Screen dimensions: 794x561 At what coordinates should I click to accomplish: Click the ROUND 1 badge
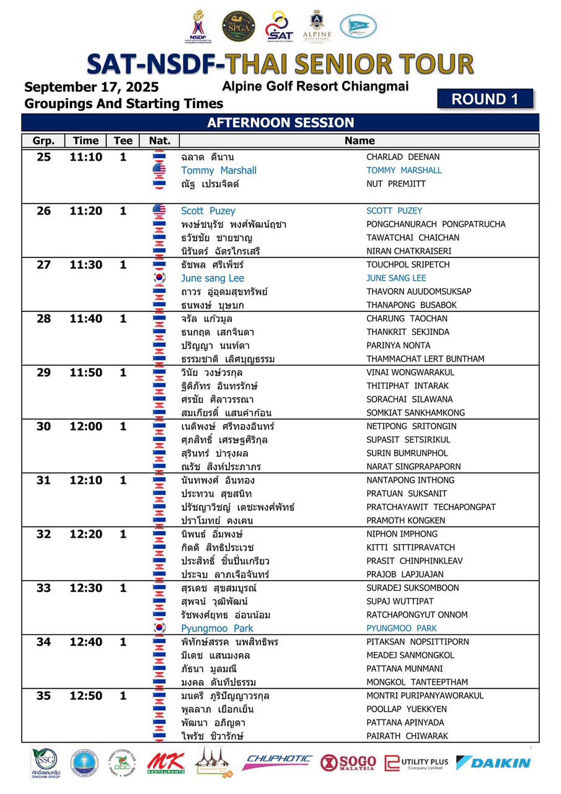pos(485,99)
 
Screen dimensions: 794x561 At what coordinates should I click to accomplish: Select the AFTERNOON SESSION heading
pos(280,123)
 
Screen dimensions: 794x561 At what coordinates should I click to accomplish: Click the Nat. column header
pos(159,141)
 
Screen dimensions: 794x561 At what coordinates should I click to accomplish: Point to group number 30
pos(44,426)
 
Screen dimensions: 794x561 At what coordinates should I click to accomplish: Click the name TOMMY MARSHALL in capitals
pos(404,171)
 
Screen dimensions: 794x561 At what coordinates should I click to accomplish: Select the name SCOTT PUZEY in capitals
pos(394,211)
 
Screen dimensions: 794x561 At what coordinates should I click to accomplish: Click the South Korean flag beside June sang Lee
pos(159,278)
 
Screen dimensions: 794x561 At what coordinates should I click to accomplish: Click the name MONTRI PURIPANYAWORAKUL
pos(424,696)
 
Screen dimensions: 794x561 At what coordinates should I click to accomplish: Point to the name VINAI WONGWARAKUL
pos(410,372)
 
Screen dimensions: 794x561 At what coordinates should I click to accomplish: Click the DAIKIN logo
pos(493,762)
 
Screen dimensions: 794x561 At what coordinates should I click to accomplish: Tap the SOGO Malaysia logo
pos(348,762)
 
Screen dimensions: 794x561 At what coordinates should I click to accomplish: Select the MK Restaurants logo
pos(166,763)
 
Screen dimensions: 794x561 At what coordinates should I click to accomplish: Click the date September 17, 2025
pos(92,87)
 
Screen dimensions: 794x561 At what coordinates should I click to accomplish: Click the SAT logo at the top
pos(279,27)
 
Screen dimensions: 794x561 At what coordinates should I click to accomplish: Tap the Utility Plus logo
pos(416,763)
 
